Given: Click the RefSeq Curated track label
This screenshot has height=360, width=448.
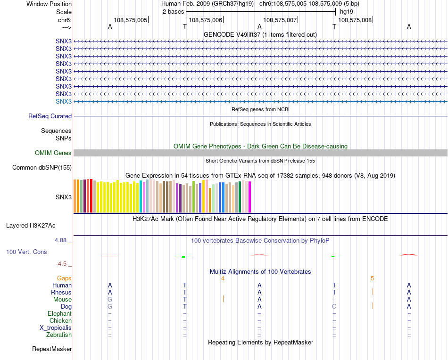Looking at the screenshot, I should pos(50,116).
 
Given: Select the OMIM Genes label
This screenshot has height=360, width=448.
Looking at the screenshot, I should pos(53,153).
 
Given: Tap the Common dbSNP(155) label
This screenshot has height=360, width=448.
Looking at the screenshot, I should pos(42,167).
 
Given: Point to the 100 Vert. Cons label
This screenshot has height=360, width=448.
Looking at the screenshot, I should pos(26,252).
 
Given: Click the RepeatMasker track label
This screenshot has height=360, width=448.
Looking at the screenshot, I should pos(52,349).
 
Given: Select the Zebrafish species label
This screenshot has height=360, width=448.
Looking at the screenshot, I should pos(59,335).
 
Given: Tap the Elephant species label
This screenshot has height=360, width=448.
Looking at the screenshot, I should pos(59,314).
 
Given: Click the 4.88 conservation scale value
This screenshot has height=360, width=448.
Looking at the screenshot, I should pos(61,240).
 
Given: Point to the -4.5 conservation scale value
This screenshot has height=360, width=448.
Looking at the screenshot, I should pos(62,263).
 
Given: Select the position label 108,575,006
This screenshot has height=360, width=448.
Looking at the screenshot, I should pos(205,20).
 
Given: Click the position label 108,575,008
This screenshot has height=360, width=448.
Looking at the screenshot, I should pos(355,20).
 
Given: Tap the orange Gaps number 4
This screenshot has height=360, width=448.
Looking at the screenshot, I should pos(223,278).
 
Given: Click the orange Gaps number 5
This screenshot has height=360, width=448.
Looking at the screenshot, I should pos(372,278).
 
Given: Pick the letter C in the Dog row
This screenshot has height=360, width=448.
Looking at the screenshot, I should pos(334,307).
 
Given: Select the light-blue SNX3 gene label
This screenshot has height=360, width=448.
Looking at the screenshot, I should pos(64,101).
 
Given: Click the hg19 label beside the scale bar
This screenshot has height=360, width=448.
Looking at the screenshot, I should pos(347,11).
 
